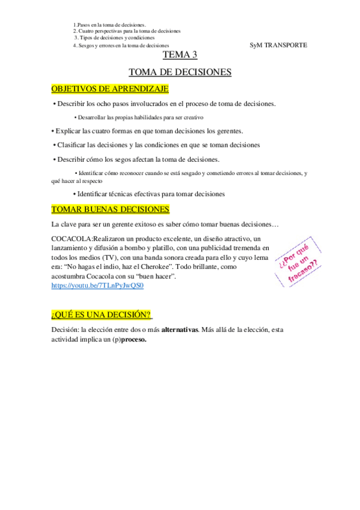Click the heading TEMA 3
click(x=180, y=56)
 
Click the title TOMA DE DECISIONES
click(x=180, y=72)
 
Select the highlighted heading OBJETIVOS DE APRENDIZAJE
click(x=110, y=89)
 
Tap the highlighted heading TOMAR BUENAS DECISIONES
click(x=111, y=209)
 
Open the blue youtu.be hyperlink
click(x=98, y=286)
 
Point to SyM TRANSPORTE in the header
click(x=278, y=45)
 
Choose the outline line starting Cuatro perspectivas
click(x=127, y=31)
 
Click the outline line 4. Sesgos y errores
click(x=121, y=45)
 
